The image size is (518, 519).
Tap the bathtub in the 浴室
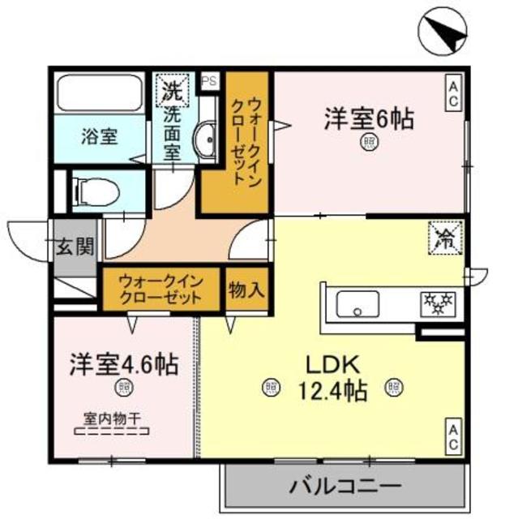point(101,96)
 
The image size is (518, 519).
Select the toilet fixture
point(98,191)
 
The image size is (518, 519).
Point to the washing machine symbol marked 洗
point(173,89)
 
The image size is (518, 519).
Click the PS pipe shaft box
point(209,81)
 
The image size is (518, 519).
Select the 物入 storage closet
point(245,290)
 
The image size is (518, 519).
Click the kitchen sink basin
point(357,307)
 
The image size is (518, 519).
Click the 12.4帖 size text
point(333,390)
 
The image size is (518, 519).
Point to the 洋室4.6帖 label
point(124,362)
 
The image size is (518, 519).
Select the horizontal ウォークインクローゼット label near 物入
point(161,290)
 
